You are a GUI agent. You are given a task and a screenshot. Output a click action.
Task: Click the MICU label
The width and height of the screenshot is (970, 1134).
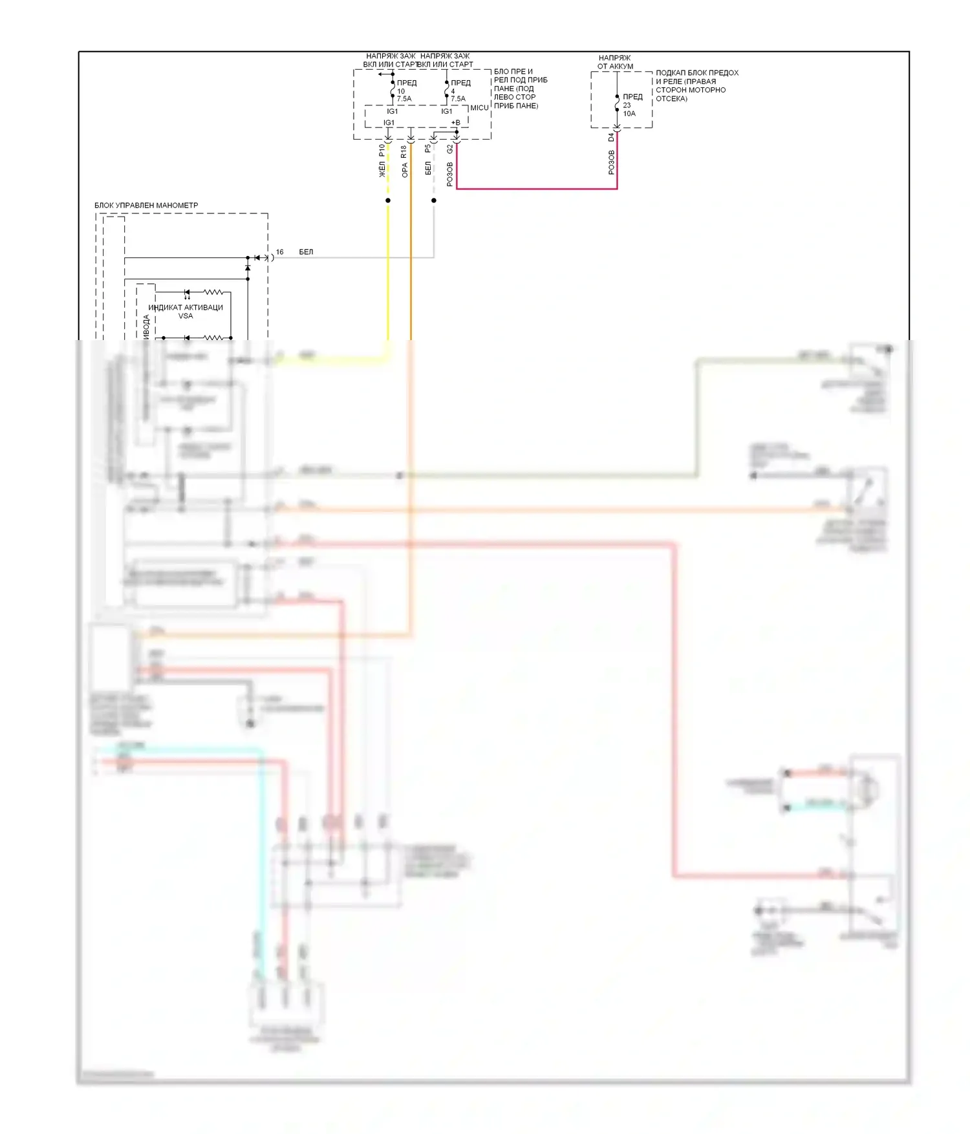pyautogui.click(x=479, y=108)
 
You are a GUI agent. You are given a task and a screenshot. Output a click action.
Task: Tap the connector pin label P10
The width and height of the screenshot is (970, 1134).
pyautogui.click(x=382, y=150)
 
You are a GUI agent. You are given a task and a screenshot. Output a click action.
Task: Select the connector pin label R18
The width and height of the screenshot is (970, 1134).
pyautogui.click(x=404, y=152)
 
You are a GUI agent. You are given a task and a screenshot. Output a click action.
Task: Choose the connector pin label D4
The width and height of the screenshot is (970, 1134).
pyautogui.click(x=611, y=138)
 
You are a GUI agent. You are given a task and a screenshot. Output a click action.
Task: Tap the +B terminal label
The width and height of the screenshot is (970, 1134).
pyautogui.click(x=455, y=123)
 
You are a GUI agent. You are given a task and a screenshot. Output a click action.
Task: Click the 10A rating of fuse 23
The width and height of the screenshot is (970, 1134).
pyautogui.click(x=629, y=114)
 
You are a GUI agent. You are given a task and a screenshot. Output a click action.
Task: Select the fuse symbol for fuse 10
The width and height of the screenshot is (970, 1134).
pyautogui.click(x=393, y=91)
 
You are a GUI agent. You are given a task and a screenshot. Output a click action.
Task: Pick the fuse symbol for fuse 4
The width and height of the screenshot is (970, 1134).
pyautogui.click(x=446, y=91)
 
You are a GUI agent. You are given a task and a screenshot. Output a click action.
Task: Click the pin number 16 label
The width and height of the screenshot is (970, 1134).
pyautogui.click(x=279, y=252)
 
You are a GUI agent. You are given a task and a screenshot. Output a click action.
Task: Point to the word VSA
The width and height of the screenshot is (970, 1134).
pyautogui.click(x=186, y=316)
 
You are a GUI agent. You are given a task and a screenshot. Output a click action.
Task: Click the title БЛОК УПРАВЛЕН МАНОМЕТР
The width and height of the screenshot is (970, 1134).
pyautogui.click(x=146, y=206)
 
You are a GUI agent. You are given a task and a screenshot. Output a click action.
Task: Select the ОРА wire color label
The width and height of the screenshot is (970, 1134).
pyautogui.click(x=404, y=170)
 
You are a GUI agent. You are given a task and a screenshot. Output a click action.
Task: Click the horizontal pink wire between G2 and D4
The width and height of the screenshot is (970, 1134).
pyautogui.click(x=537, y=189)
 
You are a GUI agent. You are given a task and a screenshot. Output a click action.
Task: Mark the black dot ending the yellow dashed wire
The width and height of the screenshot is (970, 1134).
pyautogui.click(x=388, y=200)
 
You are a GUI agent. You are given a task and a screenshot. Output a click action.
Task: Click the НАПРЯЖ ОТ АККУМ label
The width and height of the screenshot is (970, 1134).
pyautogui.click(x=615, y=62)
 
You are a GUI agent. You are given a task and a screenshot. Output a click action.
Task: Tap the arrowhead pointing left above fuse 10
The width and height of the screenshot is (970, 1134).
pyautogui.click(x=381, y=74)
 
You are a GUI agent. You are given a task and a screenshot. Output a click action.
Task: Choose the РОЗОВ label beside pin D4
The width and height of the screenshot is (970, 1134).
pyautogui.click(x=611, y=162)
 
